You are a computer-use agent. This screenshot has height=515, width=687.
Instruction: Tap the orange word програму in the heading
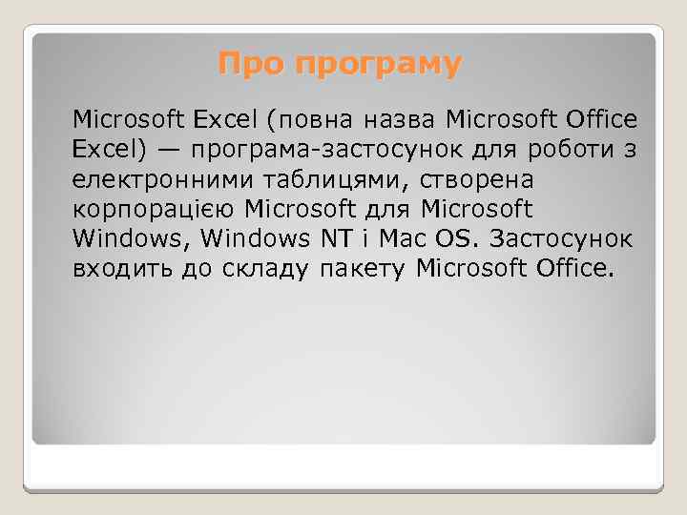click(x=378, y=66)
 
